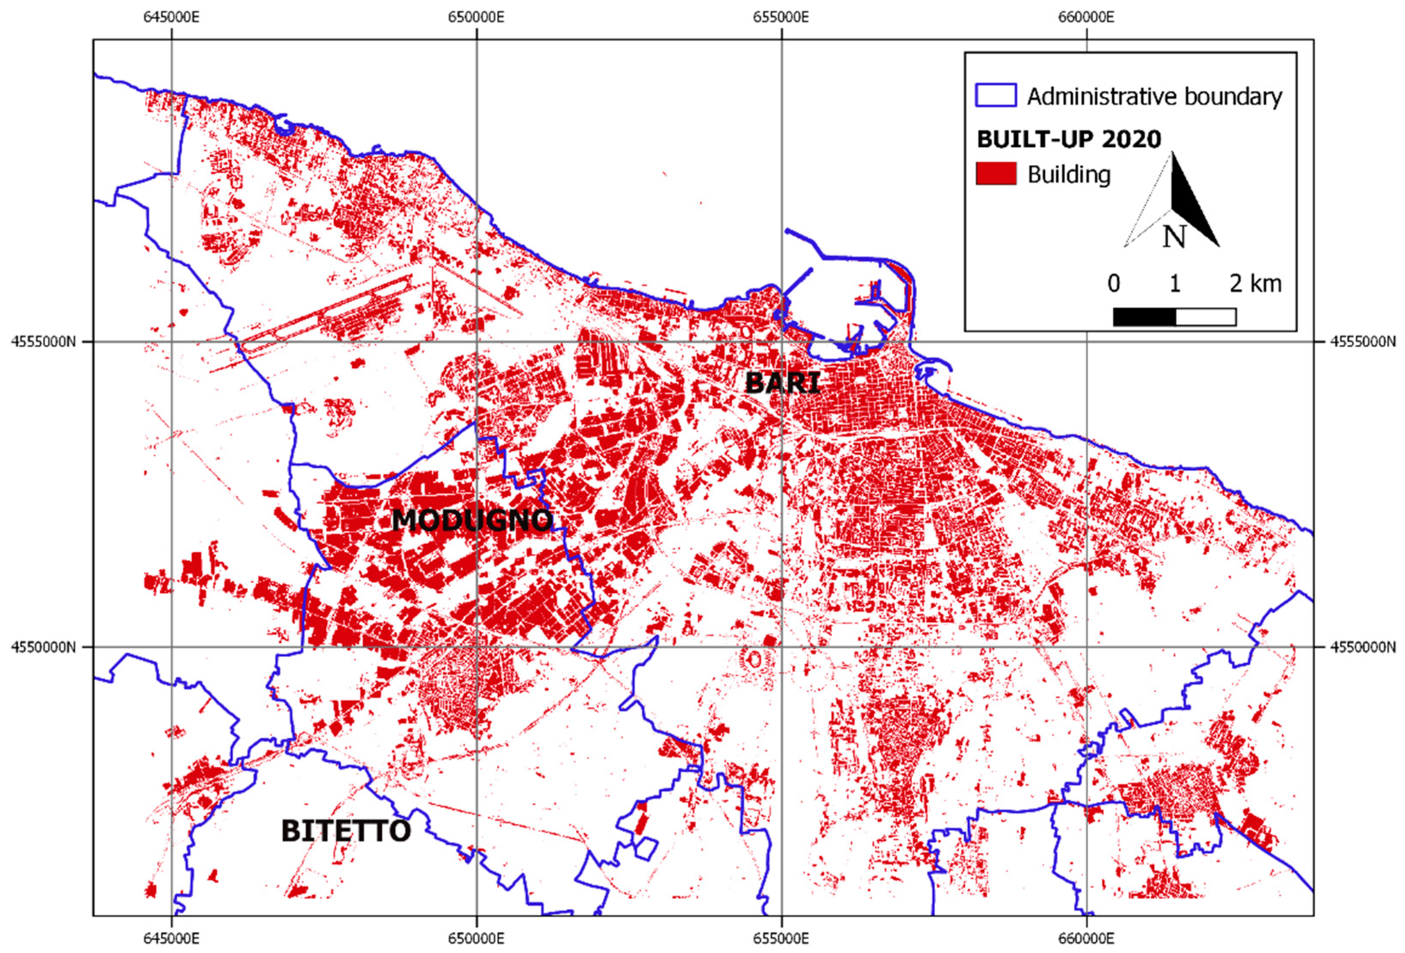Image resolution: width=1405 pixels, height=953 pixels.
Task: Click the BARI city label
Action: click(782, 383)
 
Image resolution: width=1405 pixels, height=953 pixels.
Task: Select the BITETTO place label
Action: click(346, 831)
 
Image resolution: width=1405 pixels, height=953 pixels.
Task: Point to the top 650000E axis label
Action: click(476, 17)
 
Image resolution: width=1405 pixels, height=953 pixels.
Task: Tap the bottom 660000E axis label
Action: click(1086, 938)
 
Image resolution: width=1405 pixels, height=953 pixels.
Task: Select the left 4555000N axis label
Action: click(43, 341)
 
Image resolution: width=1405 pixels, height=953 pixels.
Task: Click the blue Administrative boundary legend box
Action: click(996, 95)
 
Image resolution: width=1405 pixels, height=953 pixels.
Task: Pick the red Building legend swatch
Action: click(996, 174)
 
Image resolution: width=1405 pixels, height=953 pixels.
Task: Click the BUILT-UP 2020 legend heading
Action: click(1069, 139)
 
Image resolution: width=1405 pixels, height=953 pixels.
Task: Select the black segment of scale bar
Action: click(1144, 317)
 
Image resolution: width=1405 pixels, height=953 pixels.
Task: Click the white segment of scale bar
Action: click(1206, 317)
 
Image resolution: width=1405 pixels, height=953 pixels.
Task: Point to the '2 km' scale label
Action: click(1255, 283)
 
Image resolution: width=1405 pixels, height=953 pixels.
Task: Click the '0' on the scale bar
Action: click(1114, 283)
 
